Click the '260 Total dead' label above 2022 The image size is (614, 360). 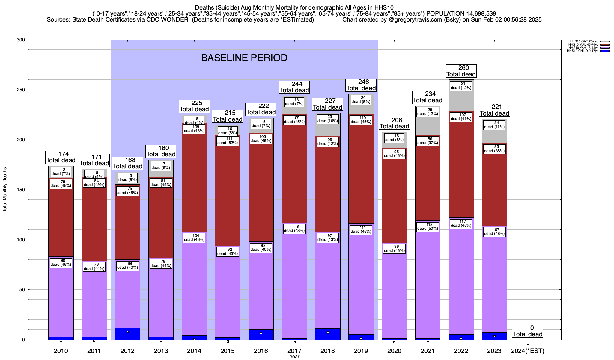point(461,71)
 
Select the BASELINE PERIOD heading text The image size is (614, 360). point(244,58)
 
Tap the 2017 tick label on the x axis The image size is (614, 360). point(294,351)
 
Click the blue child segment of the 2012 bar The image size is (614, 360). point(127,334)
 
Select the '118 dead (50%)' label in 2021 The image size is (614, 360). point(428,227)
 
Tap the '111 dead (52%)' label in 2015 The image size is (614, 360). point(228,141)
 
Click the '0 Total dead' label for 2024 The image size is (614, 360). point(527,331)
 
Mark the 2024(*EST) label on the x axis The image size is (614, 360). point(527,351)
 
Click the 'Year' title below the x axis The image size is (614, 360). point(294,357)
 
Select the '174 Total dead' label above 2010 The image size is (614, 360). point(61,157)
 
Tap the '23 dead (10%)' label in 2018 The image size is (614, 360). point(327,119)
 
